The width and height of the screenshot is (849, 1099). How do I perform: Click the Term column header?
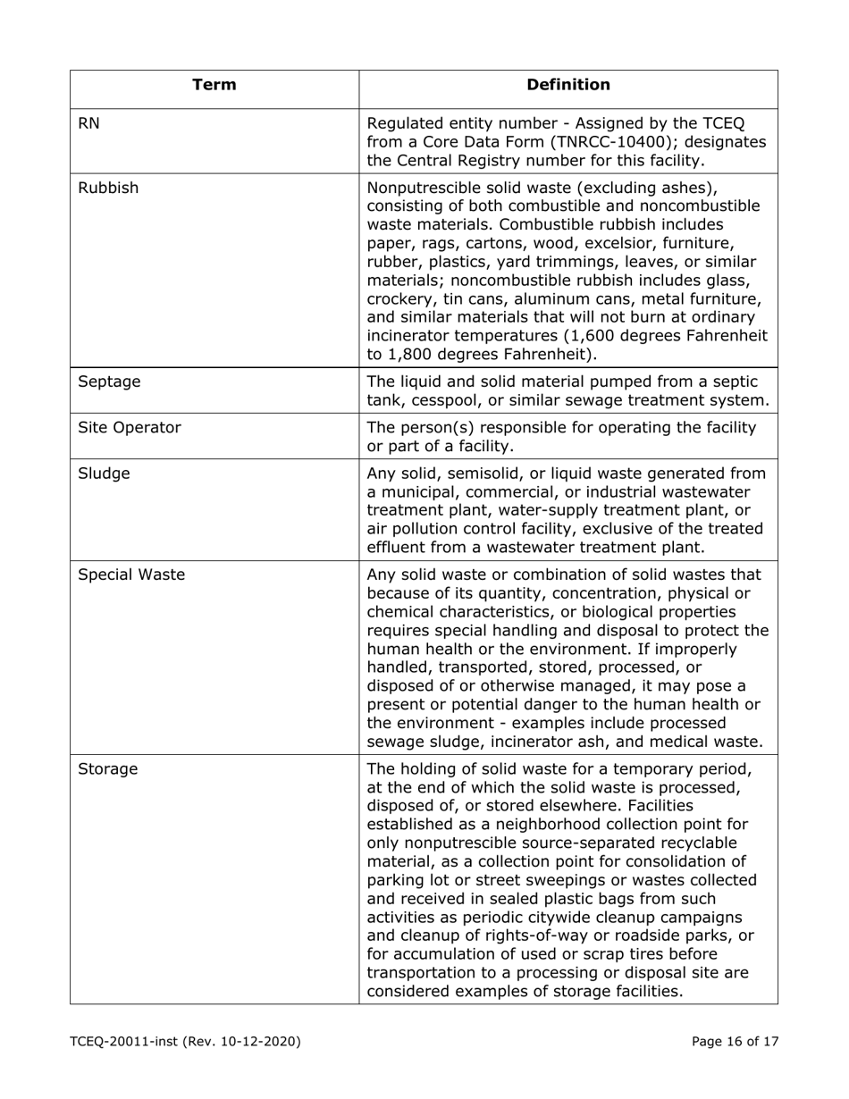point(214,86)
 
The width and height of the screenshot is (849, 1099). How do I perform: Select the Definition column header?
point(568,86)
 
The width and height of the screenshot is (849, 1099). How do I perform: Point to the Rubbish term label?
point(108,189)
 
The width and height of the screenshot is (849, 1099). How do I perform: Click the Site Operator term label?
point(130,427)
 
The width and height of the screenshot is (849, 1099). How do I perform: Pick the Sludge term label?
point(104,474)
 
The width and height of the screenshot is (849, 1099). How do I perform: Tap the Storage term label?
point(108,768)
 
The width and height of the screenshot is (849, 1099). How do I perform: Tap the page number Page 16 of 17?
point(735,1041)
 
